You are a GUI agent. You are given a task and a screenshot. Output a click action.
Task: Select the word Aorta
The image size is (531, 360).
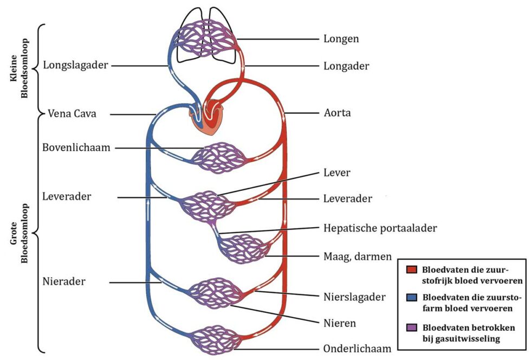pos(337,113)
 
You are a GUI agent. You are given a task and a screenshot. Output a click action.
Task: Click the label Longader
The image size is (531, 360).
pos(346,66)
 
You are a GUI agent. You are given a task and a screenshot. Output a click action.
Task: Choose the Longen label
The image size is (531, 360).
pos(341,38)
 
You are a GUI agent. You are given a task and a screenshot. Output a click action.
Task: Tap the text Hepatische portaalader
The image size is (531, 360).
pos(380,228)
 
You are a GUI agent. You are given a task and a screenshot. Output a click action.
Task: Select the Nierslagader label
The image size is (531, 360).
pos(354,297)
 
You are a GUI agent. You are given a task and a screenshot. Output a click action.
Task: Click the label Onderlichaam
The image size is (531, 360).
pos(357,349)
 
